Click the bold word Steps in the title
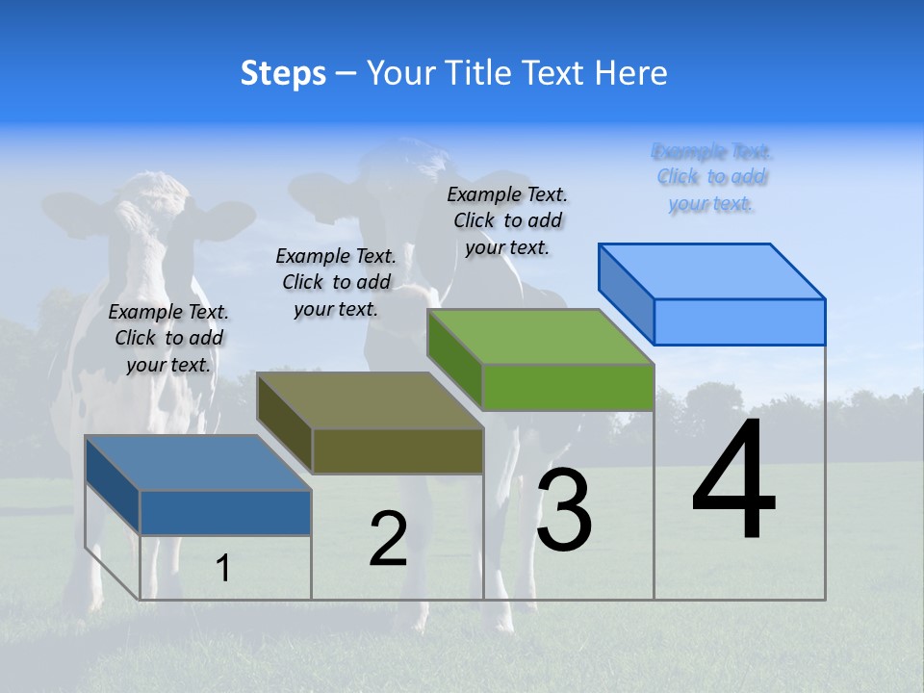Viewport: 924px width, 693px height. coord(283,73)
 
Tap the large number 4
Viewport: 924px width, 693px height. coord(733,480)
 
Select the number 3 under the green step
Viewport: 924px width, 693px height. coord(563,510)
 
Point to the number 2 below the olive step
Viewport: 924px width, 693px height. coord(389,539)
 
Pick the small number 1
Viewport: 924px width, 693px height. coord(222,568)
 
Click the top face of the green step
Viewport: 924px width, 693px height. coord(539,337)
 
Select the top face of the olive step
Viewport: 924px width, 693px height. coord(369,400)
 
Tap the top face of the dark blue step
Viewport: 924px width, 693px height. coord(197,463)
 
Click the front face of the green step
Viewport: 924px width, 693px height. coord(568,387)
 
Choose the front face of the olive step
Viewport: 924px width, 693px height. coord(398,450)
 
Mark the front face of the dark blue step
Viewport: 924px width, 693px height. coord(225,513)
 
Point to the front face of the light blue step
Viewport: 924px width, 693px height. coord(739,321)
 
